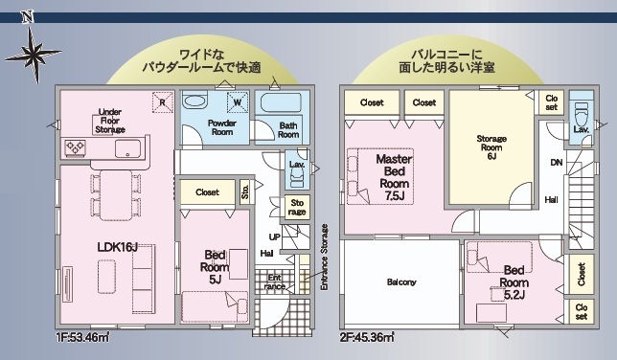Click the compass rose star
pos(34,55)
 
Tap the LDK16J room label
pos(117,247)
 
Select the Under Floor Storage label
pos(110,121)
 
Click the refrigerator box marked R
pos(163,102)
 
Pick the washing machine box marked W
pos(238,102)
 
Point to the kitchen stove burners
pos(75,148)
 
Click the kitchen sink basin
pos(127,148)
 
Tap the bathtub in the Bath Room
pos(281,103)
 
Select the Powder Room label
pos(222,127)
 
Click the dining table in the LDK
pos(116,195)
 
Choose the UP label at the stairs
pos(275,236)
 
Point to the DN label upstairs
pos(557,162)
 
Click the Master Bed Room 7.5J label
pos(394,177)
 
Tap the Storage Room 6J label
pos(491,147)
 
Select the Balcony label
pos(401,282)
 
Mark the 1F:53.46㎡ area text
pos(83,337)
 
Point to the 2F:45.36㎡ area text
pos(367,337)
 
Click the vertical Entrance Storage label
pos(324,258)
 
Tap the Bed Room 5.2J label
pos(514,282)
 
